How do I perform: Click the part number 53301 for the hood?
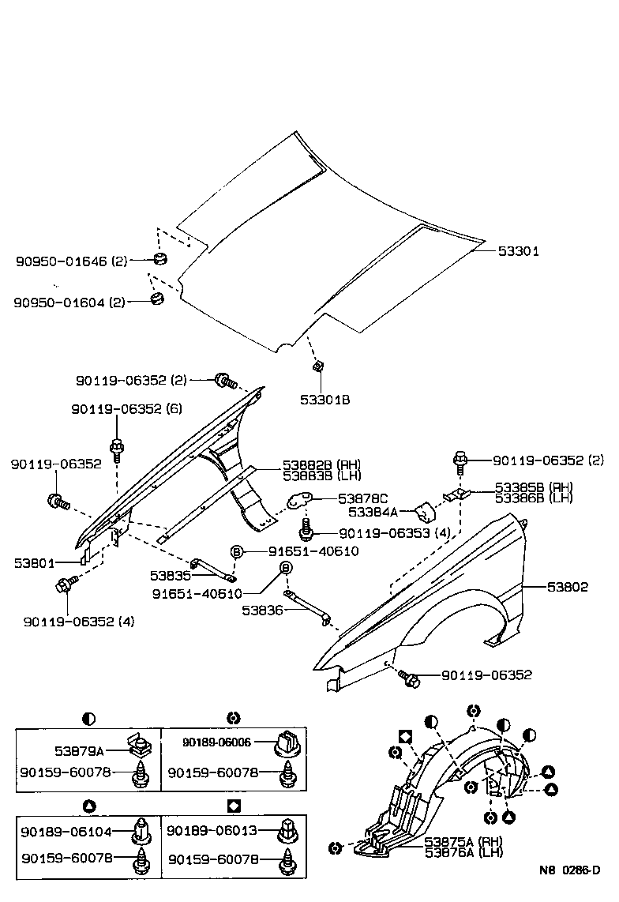pyautogui.click(x=518, y=252)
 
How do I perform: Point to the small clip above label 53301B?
pyautogui.click(x=317, y=366)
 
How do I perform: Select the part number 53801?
pyautogui.click(x=34, y=563)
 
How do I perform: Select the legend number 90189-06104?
pyautogui.click(x=67, y=831)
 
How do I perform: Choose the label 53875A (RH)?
pyautogui.click(x=463, y=841)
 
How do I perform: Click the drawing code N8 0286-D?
pyautogui.click(x=569, y=870)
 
